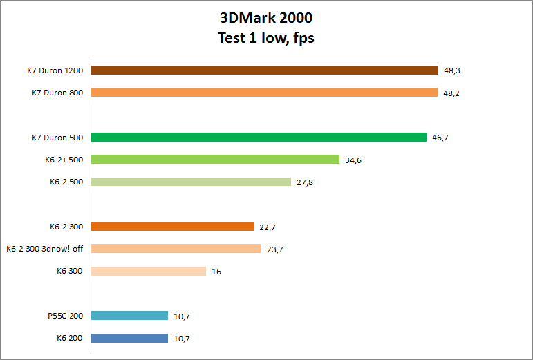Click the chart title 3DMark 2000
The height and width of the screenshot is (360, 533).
(x=266, y=18)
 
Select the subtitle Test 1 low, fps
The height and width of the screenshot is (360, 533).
(x=266, y=38)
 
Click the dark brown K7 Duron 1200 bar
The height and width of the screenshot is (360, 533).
(x=265, y=70)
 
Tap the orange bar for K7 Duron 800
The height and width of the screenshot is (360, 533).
(x=264, y=93)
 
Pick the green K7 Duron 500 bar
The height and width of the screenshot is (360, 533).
(x=259, y=137)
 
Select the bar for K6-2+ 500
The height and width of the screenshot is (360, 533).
(x=215, y=160)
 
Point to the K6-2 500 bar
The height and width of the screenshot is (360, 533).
(x=191, y=182)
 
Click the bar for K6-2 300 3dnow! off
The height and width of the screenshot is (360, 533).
(x=176, y=249)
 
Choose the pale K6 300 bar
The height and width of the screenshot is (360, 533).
(x=149, y=271)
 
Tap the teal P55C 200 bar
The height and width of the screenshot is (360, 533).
(x=130, y=316)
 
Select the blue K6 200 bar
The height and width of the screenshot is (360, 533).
(x=130, y=338)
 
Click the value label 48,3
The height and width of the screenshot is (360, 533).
(x=452, y=70)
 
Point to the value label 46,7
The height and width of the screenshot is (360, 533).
(x=440, y=138)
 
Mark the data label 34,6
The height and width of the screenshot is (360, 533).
(x=353, y=160)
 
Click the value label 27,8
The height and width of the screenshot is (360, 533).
(x=305, y=182)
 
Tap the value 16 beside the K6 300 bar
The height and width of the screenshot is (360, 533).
(x=216, y=272)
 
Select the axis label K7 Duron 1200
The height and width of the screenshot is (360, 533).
(x=57, y=70)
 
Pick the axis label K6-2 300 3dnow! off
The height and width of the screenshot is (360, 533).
(x=44, y=249)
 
